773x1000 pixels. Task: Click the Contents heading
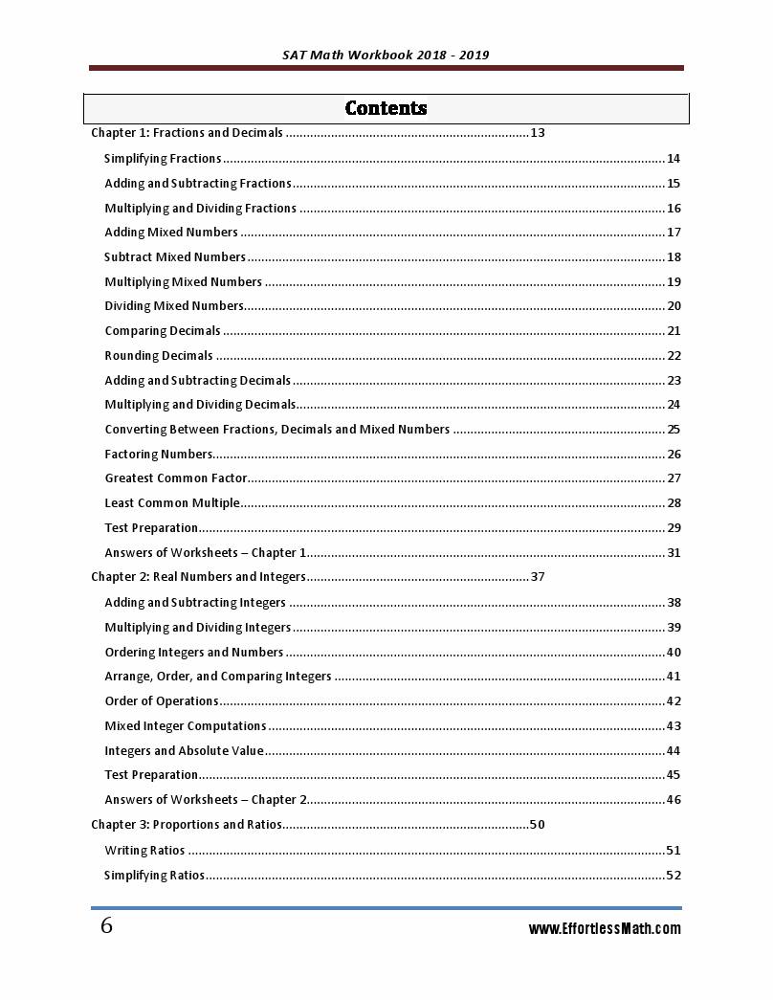pyautogui.click(x=386, y=108)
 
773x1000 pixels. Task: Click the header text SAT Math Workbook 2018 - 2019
pyautogui.click(x=386, y=55)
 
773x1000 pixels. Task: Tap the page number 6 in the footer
pyautogui.click(x=106, y=926)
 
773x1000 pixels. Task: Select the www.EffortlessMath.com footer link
pyautogui.click(x=605, y=928)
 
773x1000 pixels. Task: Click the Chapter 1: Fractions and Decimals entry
pyautogui.click(x=187, y=133)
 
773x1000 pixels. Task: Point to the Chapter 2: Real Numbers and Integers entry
pyautogui.click(x=198, y=577)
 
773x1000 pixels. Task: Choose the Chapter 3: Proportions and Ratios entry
pyautogui.click(x=187, y=825)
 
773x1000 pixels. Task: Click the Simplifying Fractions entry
pyautogui.click(x=163, y=159)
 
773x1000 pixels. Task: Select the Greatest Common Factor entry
pyautogui.click(x=176, y=478)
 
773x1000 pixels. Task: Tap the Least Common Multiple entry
pyautogui.click(x=172, y=503)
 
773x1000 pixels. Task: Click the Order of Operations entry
pyautogui.click(x=162, y=701)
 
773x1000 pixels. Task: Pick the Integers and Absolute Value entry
pyautogui.click(x=184, y=751)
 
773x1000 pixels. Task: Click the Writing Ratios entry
pyautogui.click(x=144, y=850)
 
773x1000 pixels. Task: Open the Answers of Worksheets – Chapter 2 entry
pyautogui.click(x=206, y=800)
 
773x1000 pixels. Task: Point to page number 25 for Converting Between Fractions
pyautogui.click(x=674, y=430)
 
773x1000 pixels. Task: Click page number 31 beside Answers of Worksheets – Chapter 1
pyautogui.click(x=674, y=553)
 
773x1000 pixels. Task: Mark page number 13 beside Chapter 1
pyautogui.click(x=538, y=133)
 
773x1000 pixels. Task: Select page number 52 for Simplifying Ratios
pyautogui.click(x=674, y=875)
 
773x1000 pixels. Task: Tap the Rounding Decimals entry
pyautogui.click(x=159, y=356)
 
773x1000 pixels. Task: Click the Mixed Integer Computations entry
pyautogui.click(x=186, y=726)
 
